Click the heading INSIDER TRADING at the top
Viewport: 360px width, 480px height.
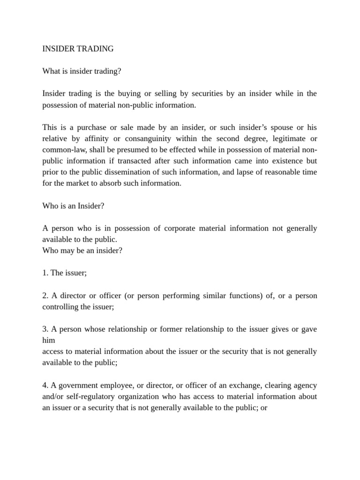point(78,49)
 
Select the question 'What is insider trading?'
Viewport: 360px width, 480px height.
point(82,71)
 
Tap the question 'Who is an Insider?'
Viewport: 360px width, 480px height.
point(73,206)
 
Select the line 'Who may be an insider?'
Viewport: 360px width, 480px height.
point(82,251)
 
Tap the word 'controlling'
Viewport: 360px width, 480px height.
point(60,307)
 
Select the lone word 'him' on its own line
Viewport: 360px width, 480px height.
point(49,341)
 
